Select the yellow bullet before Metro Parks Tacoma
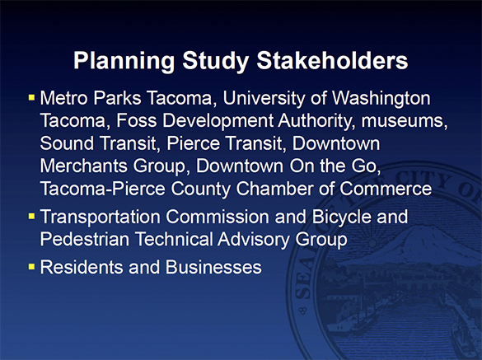pos(31,98)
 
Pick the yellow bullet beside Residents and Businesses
pos(31,267)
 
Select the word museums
pos(407,122)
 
